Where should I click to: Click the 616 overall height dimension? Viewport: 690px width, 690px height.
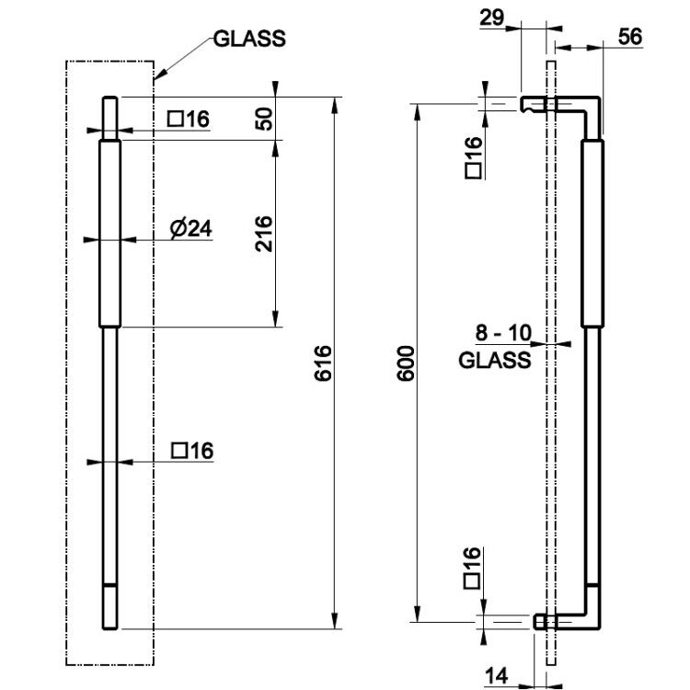click(324, 362)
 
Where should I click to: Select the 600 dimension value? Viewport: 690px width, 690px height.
click(406, 363)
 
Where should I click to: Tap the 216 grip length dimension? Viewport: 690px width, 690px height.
click(264, 234)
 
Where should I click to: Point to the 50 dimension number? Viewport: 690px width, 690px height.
click(264, 119)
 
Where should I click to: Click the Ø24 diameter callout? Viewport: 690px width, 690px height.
click(191, 228)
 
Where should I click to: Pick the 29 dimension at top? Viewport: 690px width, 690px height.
click(491, 18)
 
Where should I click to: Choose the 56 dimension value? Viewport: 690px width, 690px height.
click(630, 37)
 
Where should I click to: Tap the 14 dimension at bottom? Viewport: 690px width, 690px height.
click(497, 675)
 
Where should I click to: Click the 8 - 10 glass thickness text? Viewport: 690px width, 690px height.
click(503, 333)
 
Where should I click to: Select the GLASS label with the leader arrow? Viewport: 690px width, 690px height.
click(249, 39)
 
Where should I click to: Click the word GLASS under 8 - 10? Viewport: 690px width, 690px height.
click(495, 361)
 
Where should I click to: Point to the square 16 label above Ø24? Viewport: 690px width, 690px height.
click(189, 119)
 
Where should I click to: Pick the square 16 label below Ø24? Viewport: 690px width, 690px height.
click(192, 451)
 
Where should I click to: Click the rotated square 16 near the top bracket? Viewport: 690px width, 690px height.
click(474, 156)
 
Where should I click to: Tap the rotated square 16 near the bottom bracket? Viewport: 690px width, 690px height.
click(473, 568)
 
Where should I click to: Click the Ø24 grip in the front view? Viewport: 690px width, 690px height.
click(110, 234)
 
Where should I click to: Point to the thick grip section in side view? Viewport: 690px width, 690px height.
click(592, 234)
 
